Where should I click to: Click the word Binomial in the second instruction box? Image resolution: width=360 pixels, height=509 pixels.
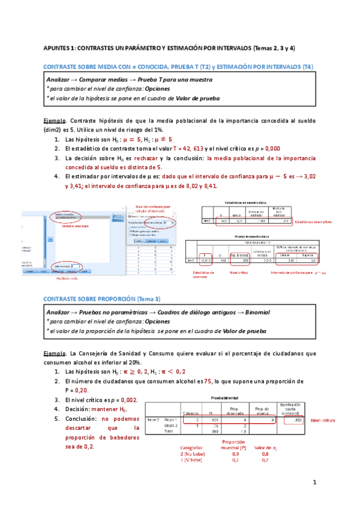pyautogui.click(x=254, y=312)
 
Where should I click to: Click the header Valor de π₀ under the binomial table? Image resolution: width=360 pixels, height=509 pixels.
pyautogui.click(x=265, y=448)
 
